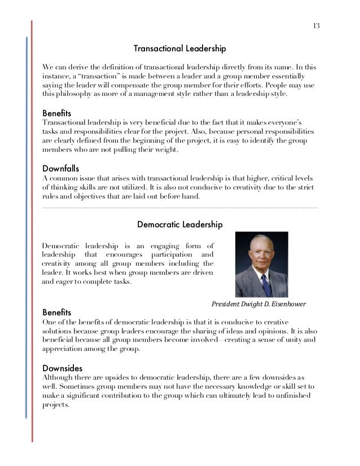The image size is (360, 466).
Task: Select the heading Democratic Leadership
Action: [180, 225]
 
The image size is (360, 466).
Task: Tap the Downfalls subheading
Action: [61, 168]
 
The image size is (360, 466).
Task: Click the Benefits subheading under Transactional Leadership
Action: [57, 113]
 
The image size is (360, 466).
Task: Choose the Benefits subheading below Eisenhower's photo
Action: [57, 311]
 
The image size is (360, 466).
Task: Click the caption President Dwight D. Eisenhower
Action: [258, 304]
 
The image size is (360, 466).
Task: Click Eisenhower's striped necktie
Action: [265, 284]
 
